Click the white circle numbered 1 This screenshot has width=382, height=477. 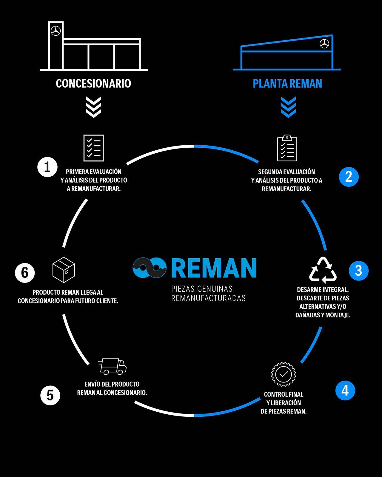tap(47, 167)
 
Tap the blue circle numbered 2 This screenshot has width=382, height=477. tap(349, 177)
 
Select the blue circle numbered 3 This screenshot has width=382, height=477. tap(358, 271)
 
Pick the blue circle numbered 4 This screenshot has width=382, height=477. tap(345, 390)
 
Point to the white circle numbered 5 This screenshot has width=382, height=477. tap(50, 395)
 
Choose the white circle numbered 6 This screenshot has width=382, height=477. tap(25, 273)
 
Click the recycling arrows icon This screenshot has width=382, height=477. tap(323, 270)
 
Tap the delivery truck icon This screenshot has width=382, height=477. tap(112, 366)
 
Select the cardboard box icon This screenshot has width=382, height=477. tap(64, 270)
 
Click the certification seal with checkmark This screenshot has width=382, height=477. tap(283, 374)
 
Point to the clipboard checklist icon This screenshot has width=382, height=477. tap(287, 148)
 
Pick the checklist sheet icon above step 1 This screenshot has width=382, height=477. tap(93, 148)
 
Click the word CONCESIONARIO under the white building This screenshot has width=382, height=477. tap(93, 84)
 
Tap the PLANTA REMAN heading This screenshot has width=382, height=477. tap(287, 84)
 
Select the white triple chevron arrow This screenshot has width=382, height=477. tap(94, 107)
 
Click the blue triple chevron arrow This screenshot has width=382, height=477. tap(288, 107)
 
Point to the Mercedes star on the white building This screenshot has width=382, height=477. tap(56, 31)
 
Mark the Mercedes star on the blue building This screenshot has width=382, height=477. tap(324, 44)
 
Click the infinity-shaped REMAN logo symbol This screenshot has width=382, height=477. tap(150, 268)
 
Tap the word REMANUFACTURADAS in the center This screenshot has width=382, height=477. tap(208, 298)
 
